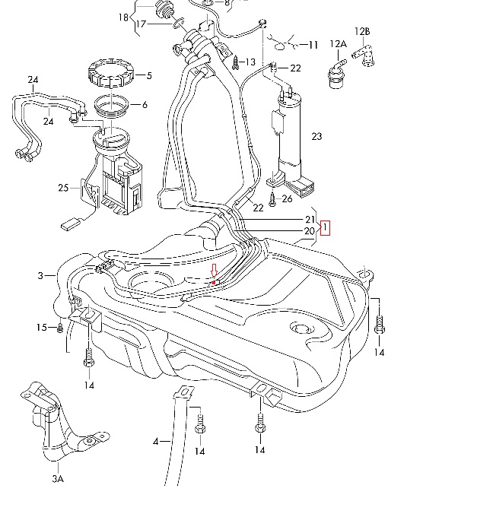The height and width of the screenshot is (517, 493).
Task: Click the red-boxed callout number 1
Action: (325, 228)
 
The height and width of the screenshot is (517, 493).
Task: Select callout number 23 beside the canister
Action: (316, 136)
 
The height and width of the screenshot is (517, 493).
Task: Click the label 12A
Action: (339, 44)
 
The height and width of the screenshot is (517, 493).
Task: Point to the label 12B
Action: (362, 32)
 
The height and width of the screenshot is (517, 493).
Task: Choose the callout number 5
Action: (149, 76)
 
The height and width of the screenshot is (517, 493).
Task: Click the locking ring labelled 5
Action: (110, 73)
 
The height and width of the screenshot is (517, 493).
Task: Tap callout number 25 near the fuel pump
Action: (63, 188)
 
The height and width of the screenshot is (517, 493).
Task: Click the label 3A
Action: (58, 479)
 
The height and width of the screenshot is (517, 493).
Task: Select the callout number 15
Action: (42, 328)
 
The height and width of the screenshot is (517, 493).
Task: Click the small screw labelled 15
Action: (60, 328)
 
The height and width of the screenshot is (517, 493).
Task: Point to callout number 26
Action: (287, 199)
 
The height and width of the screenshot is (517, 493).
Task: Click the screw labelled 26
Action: (272, 199)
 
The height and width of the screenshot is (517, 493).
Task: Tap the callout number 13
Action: (250, 62)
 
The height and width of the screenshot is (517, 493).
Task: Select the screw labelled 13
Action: (236, 62)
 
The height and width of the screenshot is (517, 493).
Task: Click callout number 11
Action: (313, 45)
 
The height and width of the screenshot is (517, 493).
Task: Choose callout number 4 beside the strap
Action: (156, 442)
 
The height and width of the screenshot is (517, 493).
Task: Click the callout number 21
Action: (310, 220)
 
